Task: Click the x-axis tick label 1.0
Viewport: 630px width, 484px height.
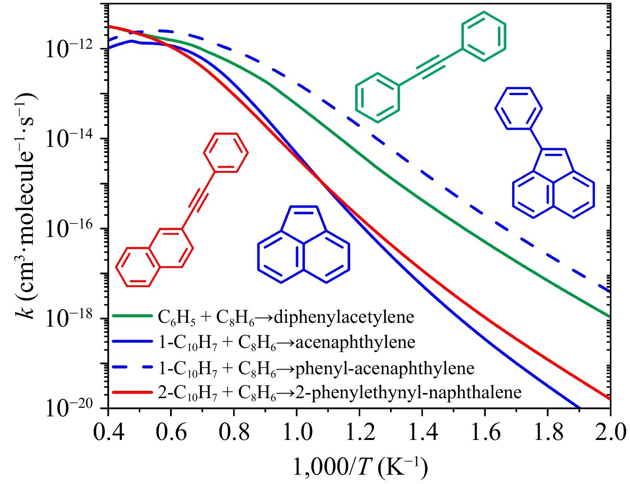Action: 296,432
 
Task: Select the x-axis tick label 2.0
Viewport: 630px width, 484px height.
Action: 610,432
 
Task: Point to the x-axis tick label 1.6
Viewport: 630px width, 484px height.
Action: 485,432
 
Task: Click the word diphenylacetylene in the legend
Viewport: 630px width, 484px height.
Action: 344,317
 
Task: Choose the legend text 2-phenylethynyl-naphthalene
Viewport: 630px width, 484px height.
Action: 409,392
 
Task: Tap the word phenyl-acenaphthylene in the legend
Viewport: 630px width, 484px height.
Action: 385,368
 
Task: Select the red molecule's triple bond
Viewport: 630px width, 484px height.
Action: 198,200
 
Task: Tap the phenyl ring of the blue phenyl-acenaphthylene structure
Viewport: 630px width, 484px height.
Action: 518,108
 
